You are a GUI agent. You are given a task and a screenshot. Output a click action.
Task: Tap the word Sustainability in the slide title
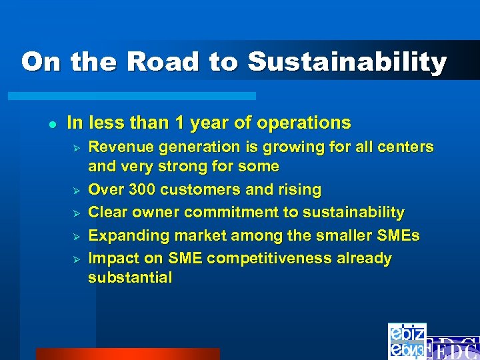pyautogui.click(x=347, y=62)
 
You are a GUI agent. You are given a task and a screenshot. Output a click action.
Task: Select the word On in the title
pyautogui.click(x=43, y=62)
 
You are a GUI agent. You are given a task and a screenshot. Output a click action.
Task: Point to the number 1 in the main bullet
pyautogui.click(x=179, y=123)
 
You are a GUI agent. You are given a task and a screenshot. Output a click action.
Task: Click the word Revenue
pyautogui.click(x=117, y=147)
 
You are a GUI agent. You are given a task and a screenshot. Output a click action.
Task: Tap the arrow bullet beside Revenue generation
pyautogui.click(x=77, y=147)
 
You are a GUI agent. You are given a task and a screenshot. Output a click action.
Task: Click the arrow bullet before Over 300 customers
pyautogui.click(x=77, y=191)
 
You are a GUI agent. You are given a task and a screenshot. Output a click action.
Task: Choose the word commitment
pyautogui.click(x=229, y=213)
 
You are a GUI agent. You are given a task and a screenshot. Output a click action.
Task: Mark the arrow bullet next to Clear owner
pyautogui.click(x=77, y=213)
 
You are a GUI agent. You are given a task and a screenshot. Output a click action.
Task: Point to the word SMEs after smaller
pyautogui.click(x=399, y=235)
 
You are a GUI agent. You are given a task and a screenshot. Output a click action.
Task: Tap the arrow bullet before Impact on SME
pyautogui.click(x=77, y=259)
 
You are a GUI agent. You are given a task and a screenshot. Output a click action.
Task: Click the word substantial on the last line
pyautogui.click(x=129, y=277)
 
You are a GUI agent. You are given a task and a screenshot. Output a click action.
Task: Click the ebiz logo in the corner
pyautogui.click(x=407, y=341)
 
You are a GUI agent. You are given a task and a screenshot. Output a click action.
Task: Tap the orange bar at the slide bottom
pyautogui.click(x=127, y=353)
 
